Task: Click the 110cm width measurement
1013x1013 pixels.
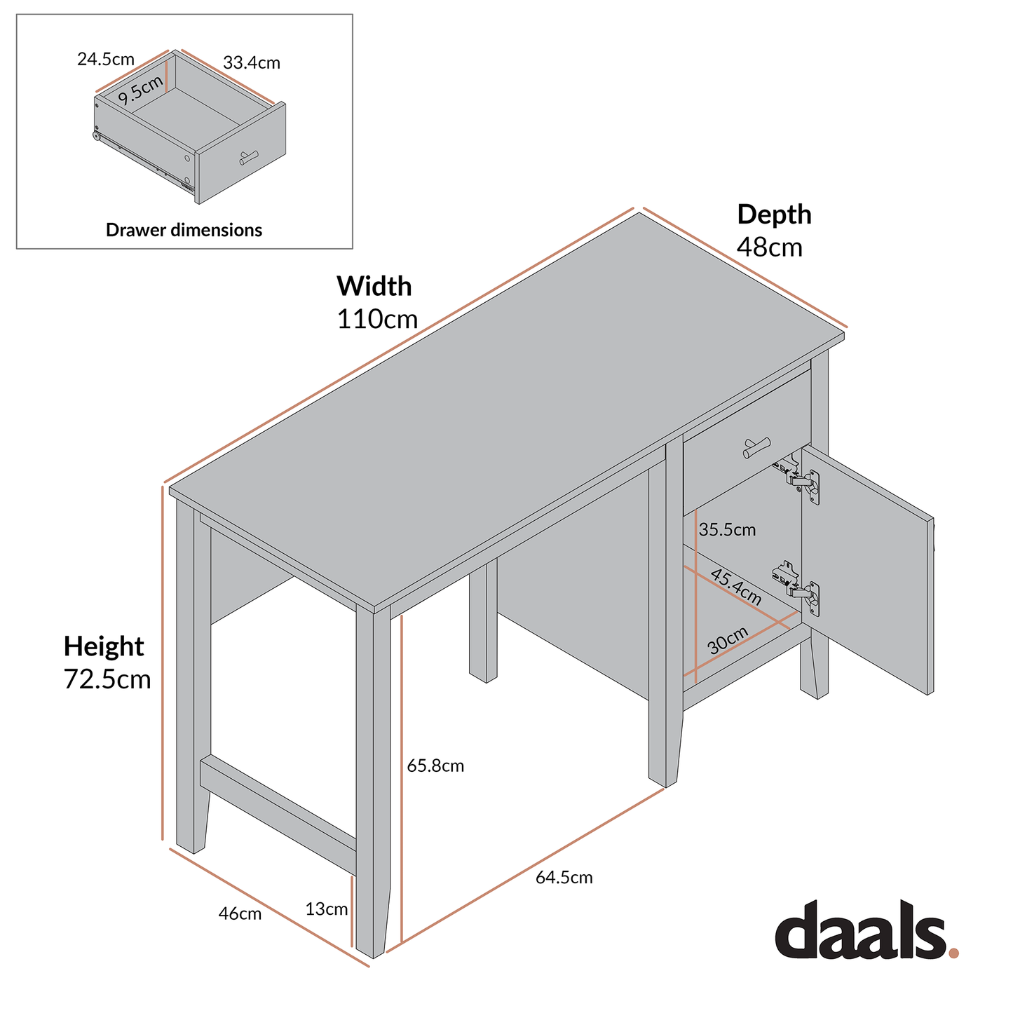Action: coord(377,320)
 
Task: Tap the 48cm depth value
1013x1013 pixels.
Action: coord(769,247)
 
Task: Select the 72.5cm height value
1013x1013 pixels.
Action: coord(107,679)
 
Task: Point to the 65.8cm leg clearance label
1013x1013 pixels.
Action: coord(435,766)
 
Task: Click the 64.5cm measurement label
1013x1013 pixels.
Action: coord(564,878)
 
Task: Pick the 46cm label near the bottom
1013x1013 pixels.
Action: coord(240,914)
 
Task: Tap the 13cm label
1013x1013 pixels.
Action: coord(327,910)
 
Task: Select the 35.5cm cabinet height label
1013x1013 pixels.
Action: coord(728,530)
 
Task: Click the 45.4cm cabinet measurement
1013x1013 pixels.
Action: coord(736,587)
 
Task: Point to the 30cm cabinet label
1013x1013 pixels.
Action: coord(728,641)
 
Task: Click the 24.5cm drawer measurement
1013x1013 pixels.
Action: coord(106,59)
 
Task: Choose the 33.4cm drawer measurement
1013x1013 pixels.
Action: coord(252,63)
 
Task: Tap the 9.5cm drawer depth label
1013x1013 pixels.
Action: coord(141,90)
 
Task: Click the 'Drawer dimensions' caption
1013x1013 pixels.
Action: coord(184,230)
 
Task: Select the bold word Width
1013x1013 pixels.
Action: coord(374,287)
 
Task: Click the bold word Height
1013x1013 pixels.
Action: coord(104,646)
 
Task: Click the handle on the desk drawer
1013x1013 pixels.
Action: coord(756,447)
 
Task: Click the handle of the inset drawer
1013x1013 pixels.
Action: coord(249,158)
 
